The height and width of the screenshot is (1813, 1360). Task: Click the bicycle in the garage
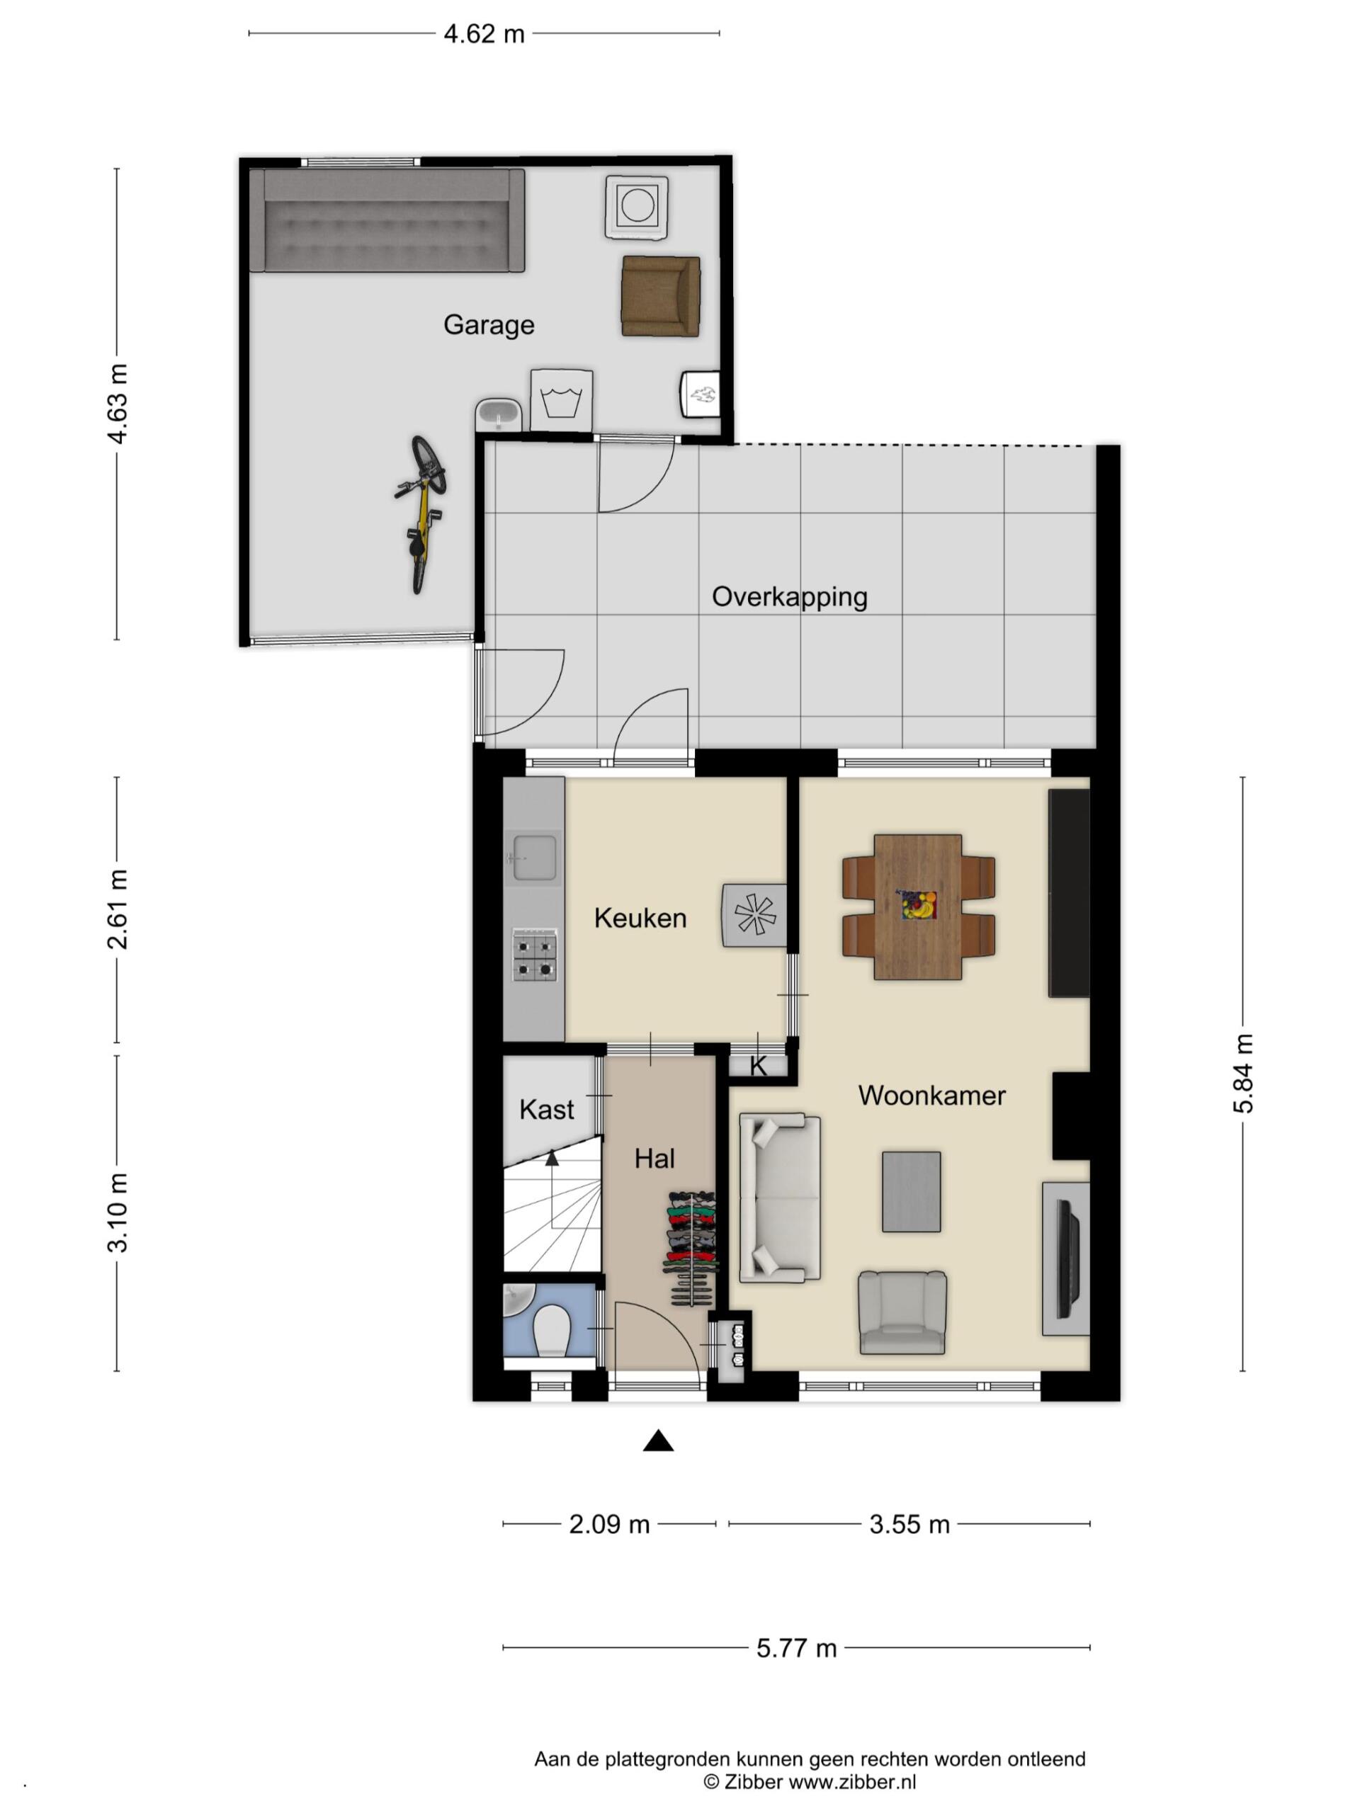point(421,514)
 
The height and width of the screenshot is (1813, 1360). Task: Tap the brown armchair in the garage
point(660,296)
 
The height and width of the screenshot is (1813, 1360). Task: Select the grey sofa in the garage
point(386,220)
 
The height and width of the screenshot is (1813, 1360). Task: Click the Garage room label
point(489,325)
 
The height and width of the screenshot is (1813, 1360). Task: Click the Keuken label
point(640,918)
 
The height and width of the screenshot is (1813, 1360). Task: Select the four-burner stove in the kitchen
point(535,955)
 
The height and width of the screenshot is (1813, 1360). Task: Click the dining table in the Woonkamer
point(917,906)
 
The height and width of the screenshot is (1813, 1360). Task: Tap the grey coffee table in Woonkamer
point(911,1192)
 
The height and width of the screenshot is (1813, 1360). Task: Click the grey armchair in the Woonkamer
point(902,1312)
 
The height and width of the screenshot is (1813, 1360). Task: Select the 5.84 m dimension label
point(1243,1073)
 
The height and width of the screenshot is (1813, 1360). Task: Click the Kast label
point(547,1110)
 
